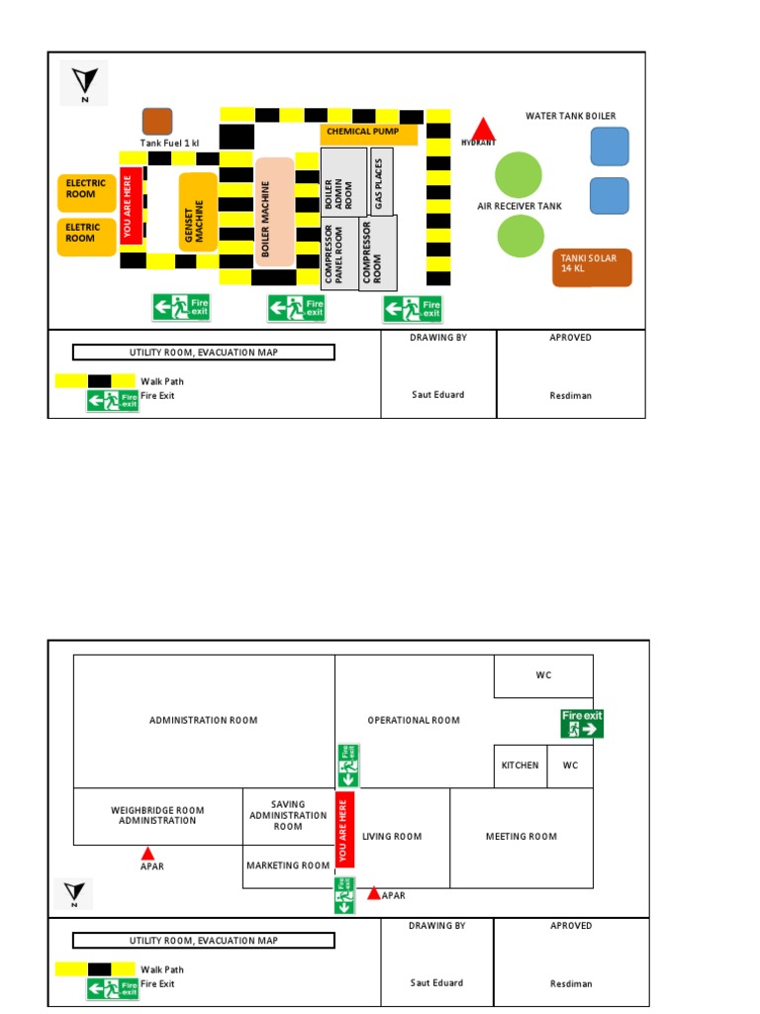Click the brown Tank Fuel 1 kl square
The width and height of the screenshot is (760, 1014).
click(157, 122)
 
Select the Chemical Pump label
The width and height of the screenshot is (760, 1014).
click(362, 132)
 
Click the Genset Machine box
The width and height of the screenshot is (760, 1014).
click(198, 211)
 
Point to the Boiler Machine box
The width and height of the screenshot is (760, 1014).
click(274, 212)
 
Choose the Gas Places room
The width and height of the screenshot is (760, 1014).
click(382, 180)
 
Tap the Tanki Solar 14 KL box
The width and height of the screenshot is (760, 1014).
click(591, 266)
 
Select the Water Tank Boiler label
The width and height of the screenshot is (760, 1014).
click(570, 116)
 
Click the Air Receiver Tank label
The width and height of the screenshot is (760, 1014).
click(520, 206)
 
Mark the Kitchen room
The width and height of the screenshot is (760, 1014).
click(521, 765)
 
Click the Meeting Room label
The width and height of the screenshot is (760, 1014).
click(521, 837)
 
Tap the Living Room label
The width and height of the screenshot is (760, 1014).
click(392, 837)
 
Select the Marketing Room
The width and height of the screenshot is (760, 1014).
click(288, 865)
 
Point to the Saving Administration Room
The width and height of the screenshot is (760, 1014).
click(288, 815)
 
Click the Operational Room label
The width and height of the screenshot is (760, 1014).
click(414, 720)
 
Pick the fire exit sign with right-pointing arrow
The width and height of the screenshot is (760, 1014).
click(582, 723)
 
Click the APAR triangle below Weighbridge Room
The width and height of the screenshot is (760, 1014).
click(147, 853)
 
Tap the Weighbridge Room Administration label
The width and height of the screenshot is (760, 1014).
click(157, 815)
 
